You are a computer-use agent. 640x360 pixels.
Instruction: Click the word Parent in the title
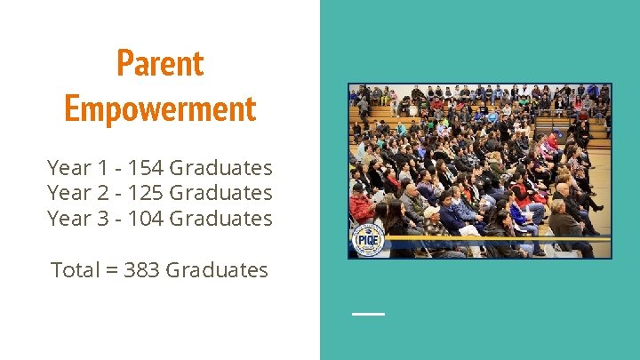pyautogui.click(x=160, y=63)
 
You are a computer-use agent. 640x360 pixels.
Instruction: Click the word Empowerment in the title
pyautogui.click(x=160, y=108)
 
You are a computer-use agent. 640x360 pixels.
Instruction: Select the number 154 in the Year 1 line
pyautogui.click(x=145, y=167)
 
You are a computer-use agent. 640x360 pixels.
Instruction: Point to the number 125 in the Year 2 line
pyautogui.click(x=145, y=192)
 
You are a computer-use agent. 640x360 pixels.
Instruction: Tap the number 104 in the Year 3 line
pyautogui.click(x=145, y=218)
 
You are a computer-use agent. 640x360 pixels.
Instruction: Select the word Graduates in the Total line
pyautogui.click(x=217, y=269)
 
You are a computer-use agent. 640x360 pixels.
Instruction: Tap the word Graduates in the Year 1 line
pyautogui.click(x=221, y=167)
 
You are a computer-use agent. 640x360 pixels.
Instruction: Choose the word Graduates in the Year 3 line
pyautogui.click(x=221, y=218)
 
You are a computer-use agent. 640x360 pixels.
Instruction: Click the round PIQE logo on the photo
pyautogui.click(x=367, y=239)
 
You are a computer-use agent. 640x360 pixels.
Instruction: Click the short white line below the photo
pyautogui.click(x=368, y=314)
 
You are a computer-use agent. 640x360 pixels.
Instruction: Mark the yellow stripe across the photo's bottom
pyautogui.click(x=498, y=238)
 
